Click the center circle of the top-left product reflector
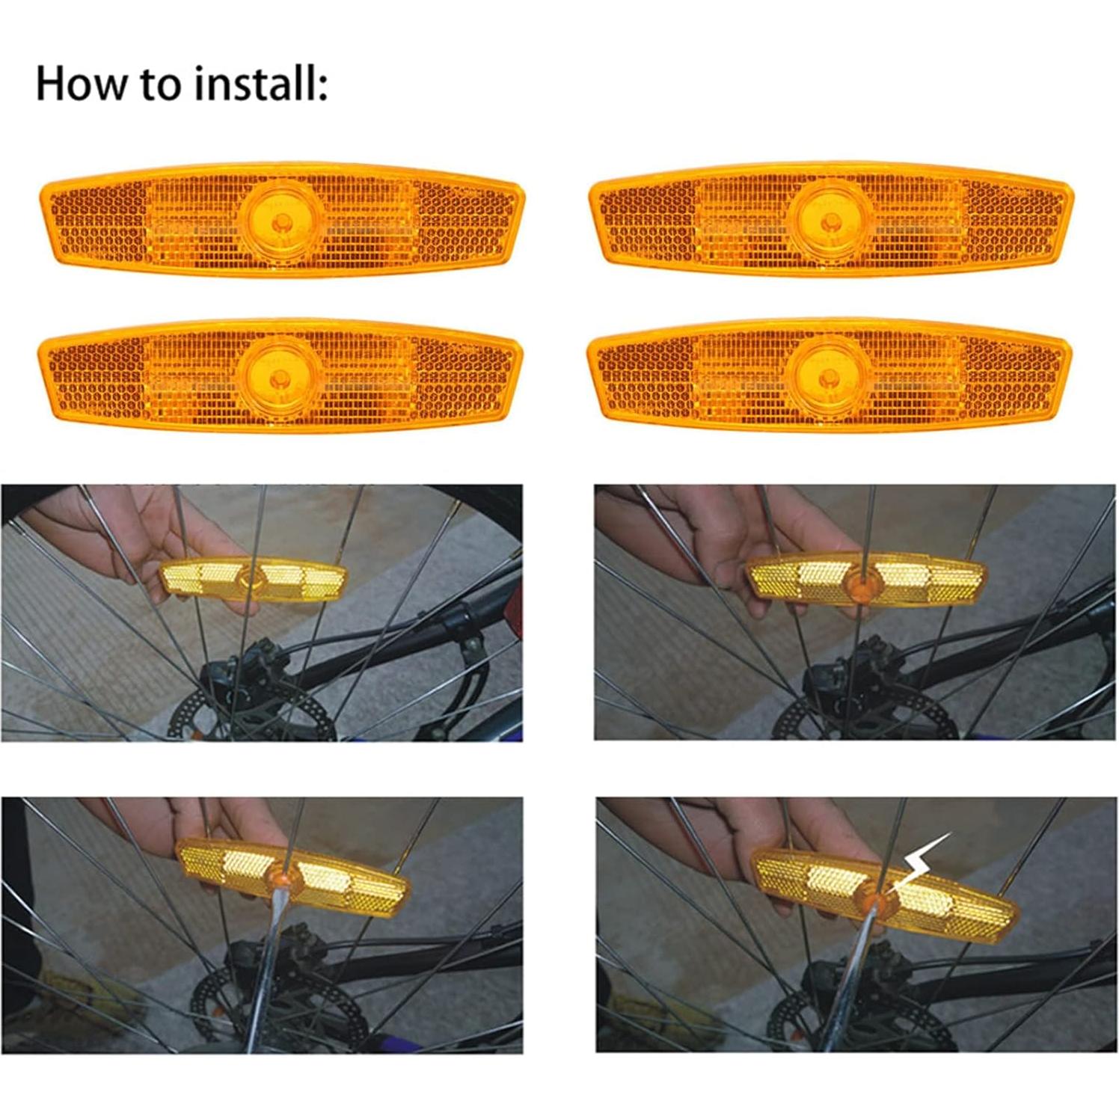pos(282,221)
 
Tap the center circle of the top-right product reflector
pos(831,221)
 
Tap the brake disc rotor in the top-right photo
pos(800,722)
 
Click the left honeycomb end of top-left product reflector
pos(97,221)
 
